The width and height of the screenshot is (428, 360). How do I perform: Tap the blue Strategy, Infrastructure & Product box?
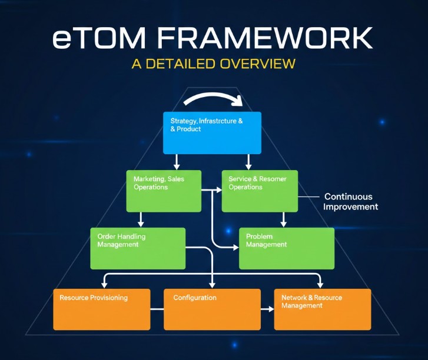211,132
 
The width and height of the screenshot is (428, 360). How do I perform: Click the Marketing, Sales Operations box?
164,191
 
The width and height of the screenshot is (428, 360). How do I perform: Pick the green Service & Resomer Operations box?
259,191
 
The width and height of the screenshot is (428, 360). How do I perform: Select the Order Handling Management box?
138,248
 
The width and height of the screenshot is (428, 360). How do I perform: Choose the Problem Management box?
286,248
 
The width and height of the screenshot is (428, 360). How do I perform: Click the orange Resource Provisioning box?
101,309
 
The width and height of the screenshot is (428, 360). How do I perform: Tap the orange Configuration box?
211,309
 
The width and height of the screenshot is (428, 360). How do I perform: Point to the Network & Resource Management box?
323,309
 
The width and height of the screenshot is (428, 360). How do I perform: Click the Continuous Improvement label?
350,202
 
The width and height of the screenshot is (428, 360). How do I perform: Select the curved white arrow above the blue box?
212,97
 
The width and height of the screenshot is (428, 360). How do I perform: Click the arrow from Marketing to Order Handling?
140,219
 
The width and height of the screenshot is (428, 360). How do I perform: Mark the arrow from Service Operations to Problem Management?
283,219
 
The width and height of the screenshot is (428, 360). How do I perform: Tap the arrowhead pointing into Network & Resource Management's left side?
270,309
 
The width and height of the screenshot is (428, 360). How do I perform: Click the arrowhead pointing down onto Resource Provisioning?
104,285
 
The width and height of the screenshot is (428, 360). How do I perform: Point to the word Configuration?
195,298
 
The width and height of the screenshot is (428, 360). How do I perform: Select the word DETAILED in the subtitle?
181,63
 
